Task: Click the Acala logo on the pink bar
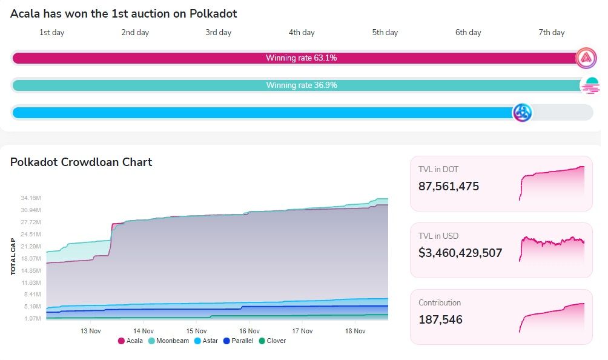pyautogui.click(x=586, y=58)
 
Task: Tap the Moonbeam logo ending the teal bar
pyautogui.click(x=589, y=85)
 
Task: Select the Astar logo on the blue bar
pyautogui.click(x=522, y=113)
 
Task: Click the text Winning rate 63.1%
pyautogui.click(x=301, y=58)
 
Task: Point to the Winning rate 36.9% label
pyautogui.click(x=301, y=85)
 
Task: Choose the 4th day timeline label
pyautogui.click(x=302, y=33)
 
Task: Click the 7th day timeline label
pyautogui.click(x=551, y=33)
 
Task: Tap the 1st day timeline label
pyautogui.click(x=52, y=33)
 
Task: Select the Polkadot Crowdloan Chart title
pyautogui.click(x=81, y=162)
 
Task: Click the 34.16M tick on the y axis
pyautogui.click(x=30, y=198)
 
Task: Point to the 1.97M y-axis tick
pyautogui.click(x=32, y=318)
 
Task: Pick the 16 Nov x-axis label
pyautogui.click(x=249, y=331)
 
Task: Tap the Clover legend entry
pyautogui.click(x=272, y=341)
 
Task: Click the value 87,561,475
pyautogui.click(x=449, y=187)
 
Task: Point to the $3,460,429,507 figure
pyautogui.click(x=460, y=253)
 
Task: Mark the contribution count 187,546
pyautogui.click(x=440, y=319)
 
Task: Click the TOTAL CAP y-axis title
pyautogui.click(x=13, y=256)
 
